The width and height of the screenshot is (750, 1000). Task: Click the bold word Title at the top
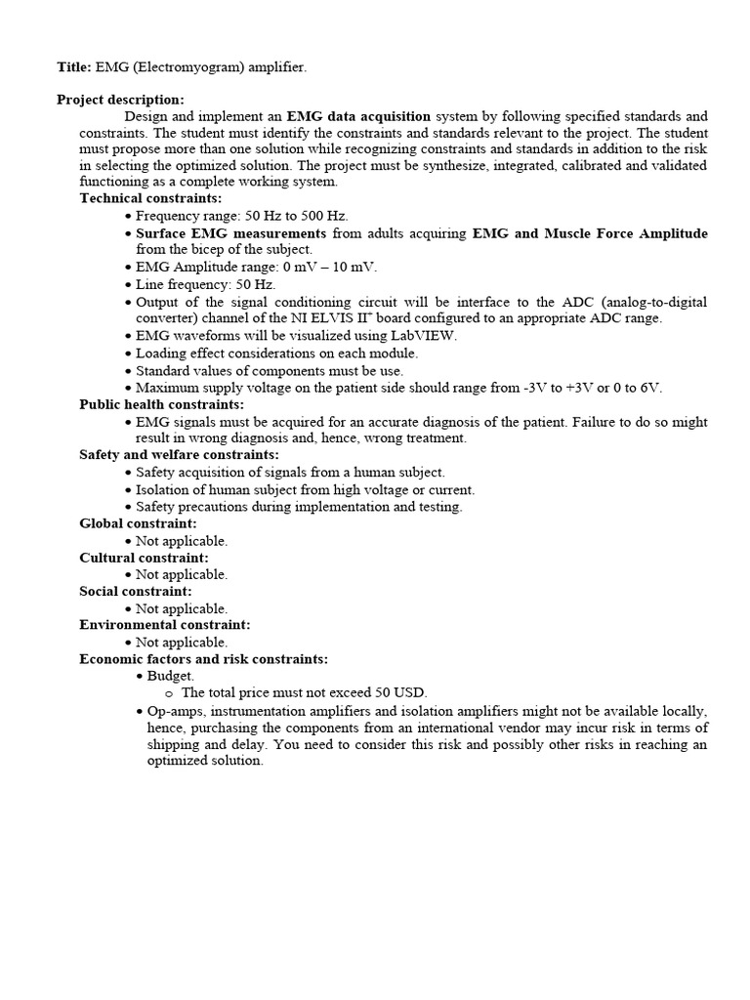(x=73, y=66)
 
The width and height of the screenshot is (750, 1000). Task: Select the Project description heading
(x=120, y=100)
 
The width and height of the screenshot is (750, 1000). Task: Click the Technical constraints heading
(x=150, y=198)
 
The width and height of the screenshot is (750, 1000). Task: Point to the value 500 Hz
(x=322, y=216)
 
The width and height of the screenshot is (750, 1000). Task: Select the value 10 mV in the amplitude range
(x=354, y=268)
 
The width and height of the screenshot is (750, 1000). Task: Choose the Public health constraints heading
(x=161, y=404)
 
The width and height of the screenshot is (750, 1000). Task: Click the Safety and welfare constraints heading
(x=179, y=455)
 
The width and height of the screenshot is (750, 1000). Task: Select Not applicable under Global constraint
(x=182, y=541)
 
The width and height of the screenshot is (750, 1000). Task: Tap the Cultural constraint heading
(x=144, y=558)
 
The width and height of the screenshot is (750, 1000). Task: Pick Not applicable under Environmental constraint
(x=182, y=643)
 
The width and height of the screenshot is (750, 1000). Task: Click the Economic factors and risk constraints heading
(x=203, y=659)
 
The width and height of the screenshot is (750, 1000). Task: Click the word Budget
(x=171, y=676)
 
